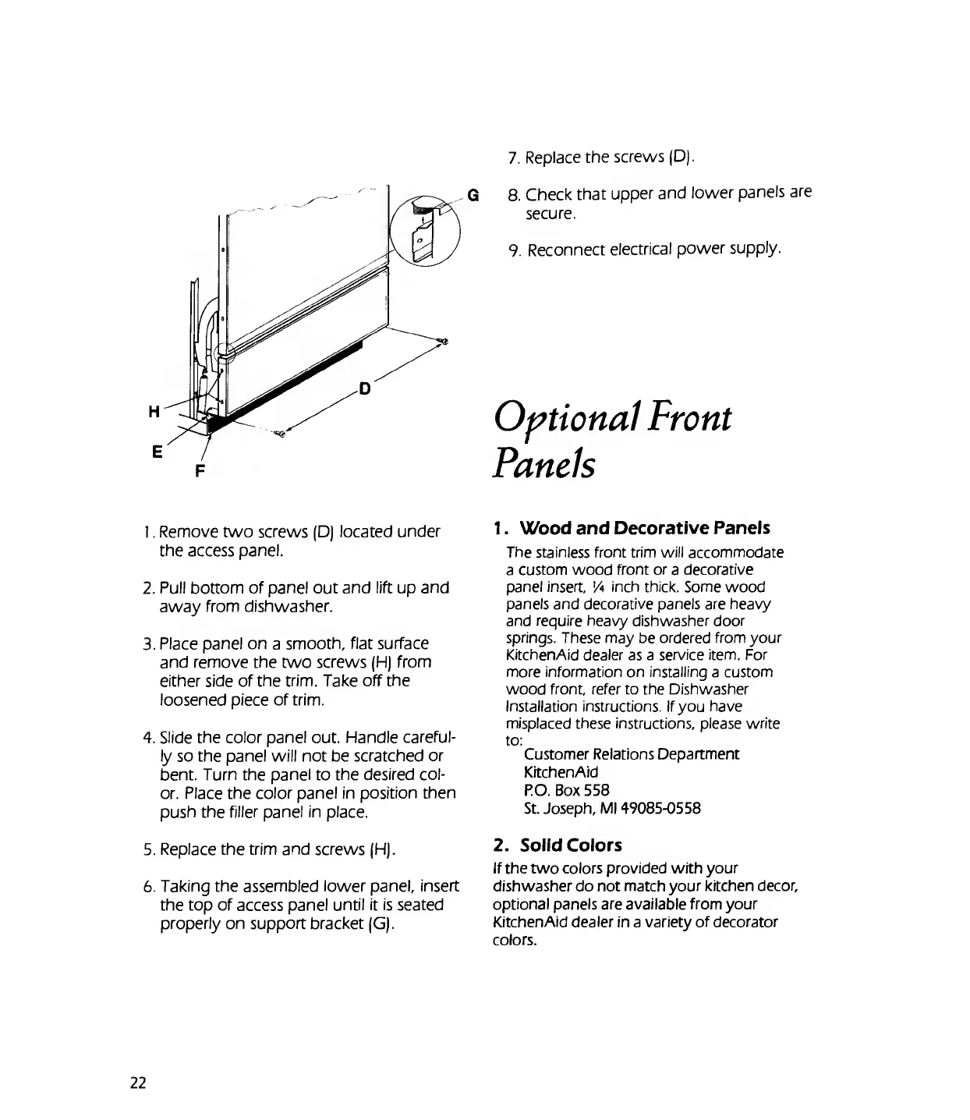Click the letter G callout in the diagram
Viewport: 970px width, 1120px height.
(x=472, y=194)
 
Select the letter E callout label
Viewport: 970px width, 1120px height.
(x=157, y=451)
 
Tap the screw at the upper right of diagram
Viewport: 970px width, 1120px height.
(x=444, y=341)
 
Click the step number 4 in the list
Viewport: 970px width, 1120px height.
(x=147, y=738)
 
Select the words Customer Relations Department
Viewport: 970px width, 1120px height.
(x=632, y=754)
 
